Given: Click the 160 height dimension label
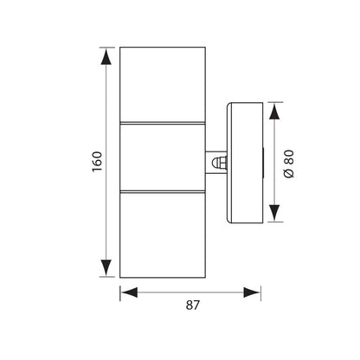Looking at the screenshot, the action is (97, 162).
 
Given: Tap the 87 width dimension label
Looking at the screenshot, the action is (192, 305).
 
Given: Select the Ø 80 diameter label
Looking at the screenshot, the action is (289, 164).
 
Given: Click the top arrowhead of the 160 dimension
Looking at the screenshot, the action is (106, 56).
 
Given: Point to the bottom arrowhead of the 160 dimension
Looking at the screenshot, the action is (106, 267).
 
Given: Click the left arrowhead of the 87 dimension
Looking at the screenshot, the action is (129, 292).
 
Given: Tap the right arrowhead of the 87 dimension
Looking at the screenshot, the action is (252, 292).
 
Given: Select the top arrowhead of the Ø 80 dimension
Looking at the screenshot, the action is (274, 112).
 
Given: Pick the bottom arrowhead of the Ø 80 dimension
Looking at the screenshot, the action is (274, 213).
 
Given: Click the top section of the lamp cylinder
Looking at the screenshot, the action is (163, 85).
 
